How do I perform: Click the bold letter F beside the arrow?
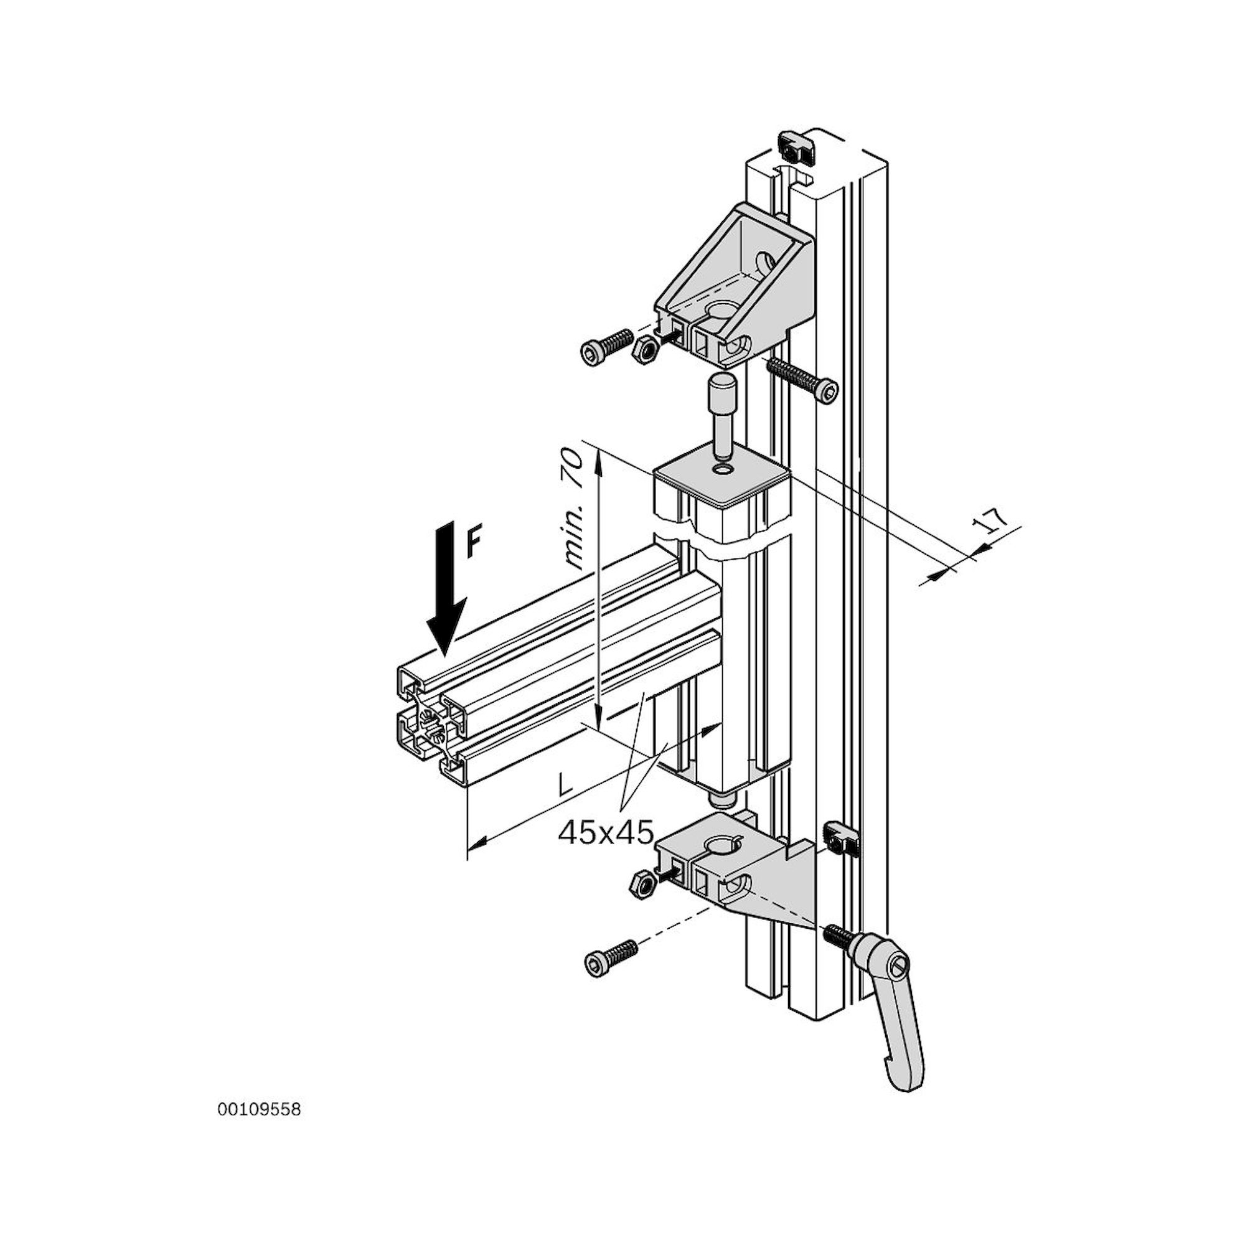474,543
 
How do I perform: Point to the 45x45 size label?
606,832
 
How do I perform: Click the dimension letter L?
565,784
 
